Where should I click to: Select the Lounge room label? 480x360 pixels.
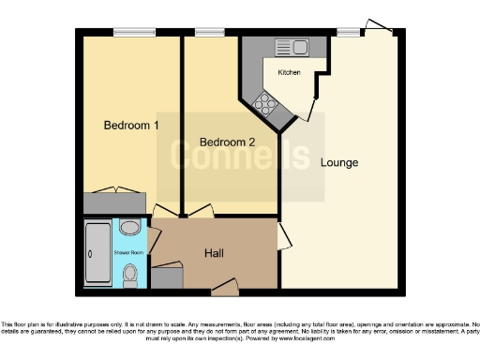(x=338, y=162)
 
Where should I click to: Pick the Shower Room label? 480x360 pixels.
(x=129, y=251)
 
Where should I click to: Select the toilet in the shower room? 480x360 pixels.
(x=130, y=274)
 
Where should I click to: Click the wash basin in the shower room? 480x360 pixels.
(x=130, y=228)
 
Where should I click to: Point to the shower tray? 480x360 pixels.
(x=97, y=253)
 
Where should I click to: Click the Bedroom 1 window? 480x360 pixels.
(x=134, y=32)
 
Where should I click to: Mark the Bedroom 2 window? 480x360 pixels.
(x=210, y=32)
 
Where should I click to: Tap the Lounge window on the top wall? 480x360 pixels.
(x=348, y=32)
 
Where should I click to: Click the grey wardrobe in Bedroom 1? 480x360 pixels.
(x=114, y=202)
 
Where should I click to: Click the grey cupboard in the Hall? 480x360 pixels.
(x=168, y=277)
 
